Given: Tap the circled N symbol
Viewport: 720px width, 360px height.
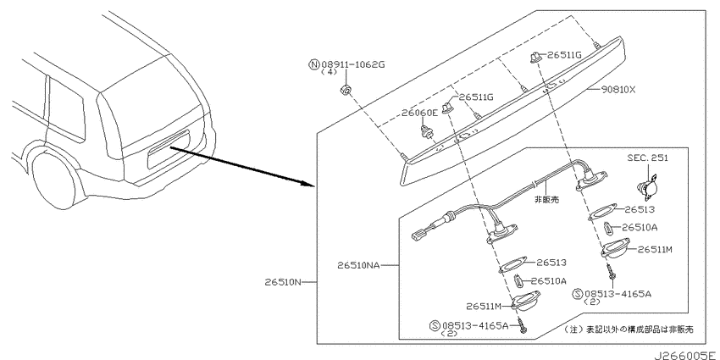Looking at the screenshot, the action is click(313, 64).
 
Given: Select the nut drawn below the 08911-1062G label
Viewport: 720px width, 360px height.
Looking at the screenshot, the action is click(346, 89).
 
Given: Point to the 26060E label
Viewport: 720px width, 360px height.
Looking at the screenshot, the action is click(418, 113).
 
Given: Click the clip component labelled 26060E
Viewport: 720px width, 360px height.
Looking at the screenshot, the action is click(427, 130).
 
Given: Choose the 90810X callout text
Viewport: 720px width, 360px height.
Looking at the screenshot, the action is click(618, 90).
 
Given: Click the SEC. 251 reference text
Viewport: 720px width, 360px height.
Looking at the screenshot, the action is click(647, 158).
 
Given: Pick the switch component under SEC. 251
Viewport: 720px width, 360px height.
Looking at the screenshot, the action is click(647, 187).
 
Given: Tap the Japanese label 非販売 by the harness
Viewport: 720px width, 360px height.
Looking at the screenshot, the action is click(546, 199).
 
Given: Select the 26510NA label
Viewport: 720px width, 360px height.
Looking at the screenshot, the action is click(358, 265).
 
